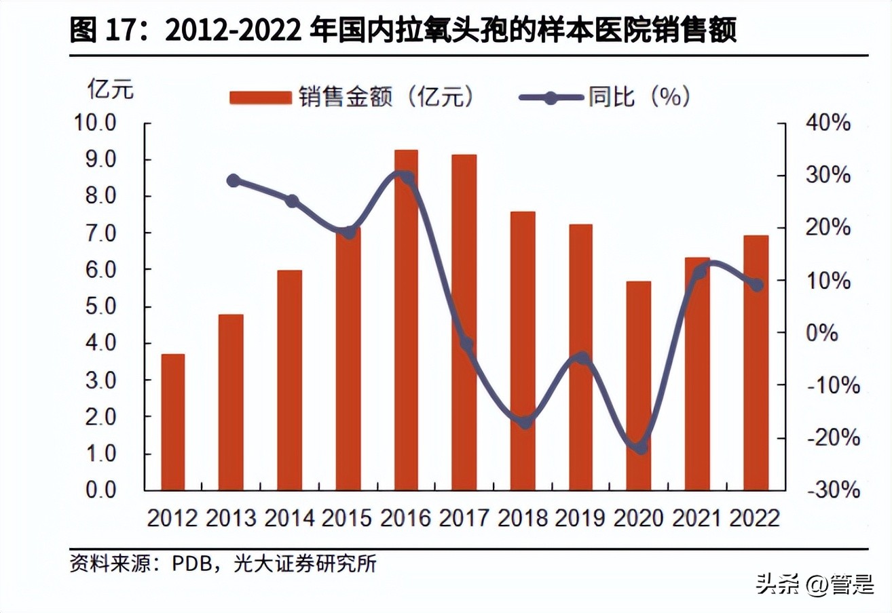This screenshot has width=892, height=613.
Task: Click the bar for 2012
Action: point(173,422)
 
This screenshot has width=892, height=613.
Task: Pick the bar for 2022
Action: point(756,363)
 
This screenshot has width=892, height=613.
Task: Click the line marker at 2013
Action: point(233,180)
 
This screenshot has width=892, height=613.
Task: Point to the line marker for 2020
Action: point(639,448)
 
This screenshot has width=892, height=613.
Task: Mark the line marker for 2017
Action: point(466,344)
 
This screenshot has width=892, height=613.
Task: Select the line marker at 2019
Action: point(581,358)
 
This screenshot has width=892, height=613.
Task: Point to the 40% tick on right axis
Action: point(828,123)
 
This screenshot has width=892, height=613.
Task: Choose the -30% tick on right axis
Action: point(831,490)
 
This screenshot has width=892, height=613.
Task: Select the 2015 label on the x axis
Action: point(347,519)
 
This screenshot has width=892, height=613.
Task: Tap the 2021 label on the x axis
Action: point(697,519)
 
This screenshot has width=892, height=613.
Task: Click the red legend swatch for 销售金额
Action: point(259,98)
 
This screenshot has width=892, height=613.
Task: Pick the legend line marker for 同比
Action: point(551,98)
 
